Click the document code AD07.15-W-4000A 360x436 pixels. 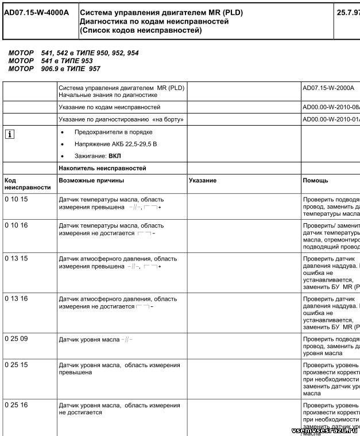click(x=36, y=12)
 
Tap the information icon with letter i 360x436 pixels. click(x=9, y=134)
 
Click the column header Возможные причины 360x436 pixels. click(x=91, y=181)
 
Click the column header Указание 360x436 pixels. click(x=203, y=181)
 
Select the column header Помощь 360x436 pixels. click(x=315, y=181)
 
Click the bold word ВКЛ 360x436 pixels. click(x=115, y=156)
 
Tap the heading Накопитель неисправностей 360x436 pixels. click(x=102, y=168)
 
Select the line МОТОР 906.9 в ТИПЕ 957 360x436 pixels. click(x=55, y=69)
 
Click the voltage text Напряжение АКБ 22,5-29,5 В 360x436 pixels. click(x=116, y=144)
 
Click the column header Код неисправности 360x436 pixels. click(x=27, y=184)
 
